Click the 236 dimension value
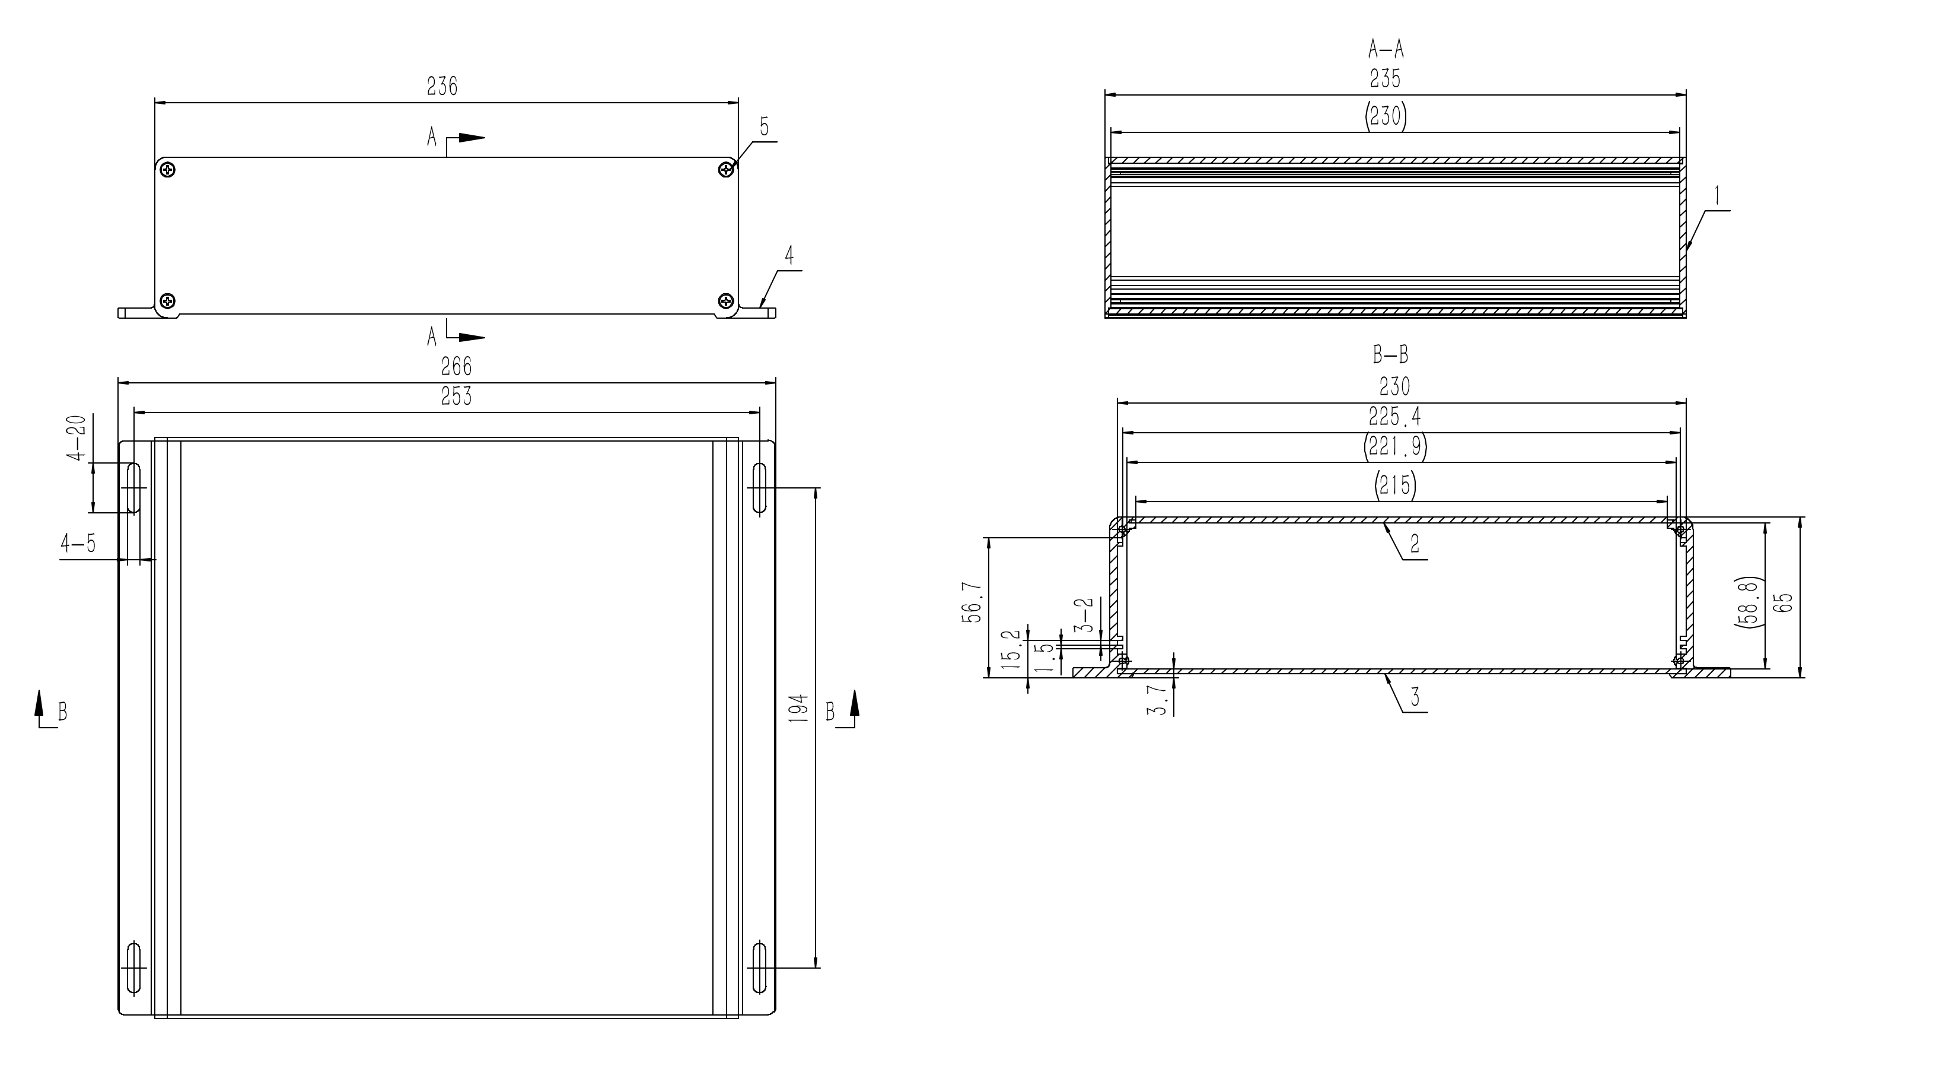pyautogui.click(x=442, y=87)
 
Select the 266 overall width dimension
pyautogui.click(x=456, y=366)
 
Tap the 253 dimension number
pyautogui.click(x=456, y=396)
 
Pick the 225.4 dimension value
pyautogui.click(x=1394, y=417)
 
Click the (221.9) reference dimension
pyautogui.click(x=1394, y=448)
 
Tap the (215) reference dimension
pyautogui.click(x=1394, y=486)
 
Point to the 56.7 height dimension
pyautogui.click(x=973, y=602)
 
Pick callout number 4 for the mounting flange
pyautogui.click(x=789, y=256)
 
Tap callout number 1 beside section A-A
pyautogui.click(x=1716, y=196)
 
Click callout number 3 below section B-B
pyautogui.click(x=1415, y=697)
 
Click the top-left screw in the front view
pyautogui.click(x=168, y=170)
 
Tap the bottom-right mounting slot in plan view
pyautogui.click(x=759, y=966)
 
